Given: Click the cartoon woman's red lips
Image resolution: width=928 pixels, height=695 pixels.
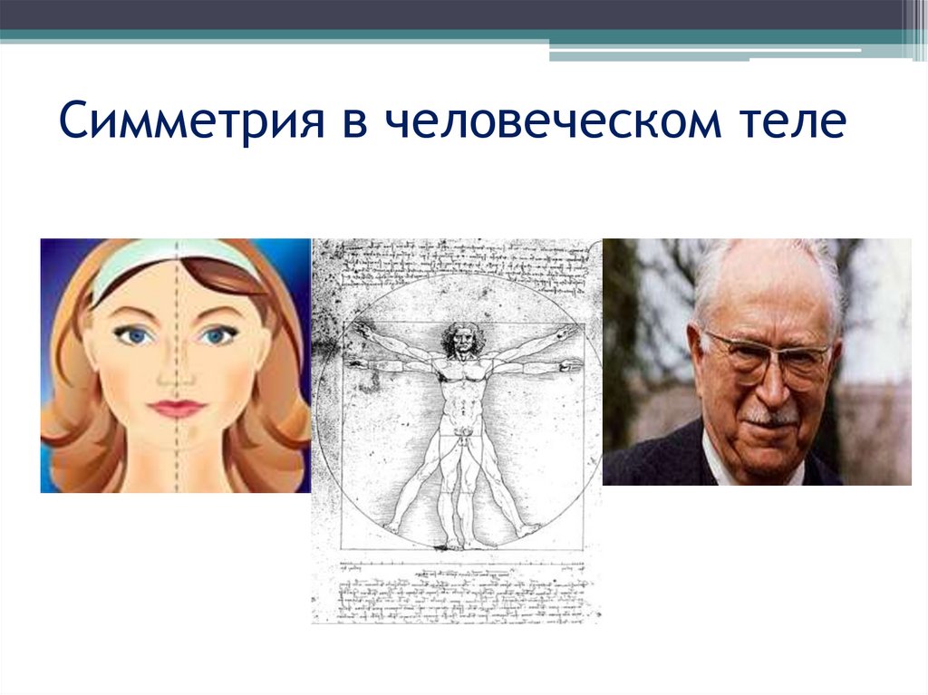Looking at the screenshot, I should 177,408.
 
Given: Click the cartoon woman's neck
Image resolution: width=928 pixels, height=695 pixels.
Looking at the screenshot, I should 177,462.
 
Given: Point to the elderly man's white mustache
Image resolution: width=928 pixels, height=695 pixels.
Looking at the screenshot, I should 771,417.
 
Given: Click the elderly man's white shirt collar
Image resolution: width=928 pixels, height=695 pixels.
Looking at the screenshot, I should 716,467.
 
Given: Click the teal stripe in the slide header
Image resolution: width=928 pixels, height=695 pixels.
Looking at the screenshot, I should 453,36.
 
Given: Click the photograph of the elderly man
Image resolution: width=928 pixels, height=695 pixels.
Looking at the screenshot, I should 757,362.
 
